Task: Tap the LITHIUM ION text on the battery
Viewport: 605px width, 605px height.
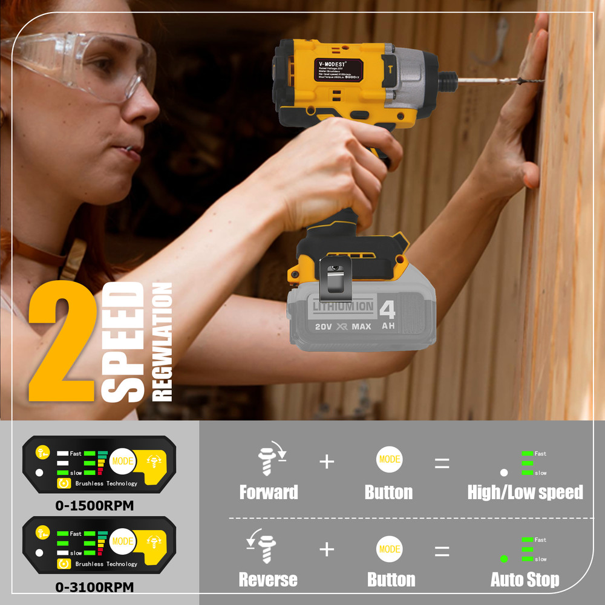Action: pyautogui.click(x=343, y=307)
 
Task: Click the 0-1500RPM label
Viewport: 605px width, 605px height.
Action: pyautogui.click(x=94, y=505)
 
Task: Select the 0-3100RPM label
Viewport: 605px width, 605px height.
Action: pyautogui.click(x=94, y=586)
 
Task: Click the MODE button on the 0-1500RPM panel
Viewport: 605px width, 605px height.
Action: pyautogui.click(x=123, y=461)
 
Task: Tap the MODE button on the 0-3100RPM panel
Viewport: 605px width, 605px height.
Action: pyautogui.click(x=123, y=541)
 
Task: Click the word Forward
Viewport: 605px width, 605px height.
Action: pyautogui.click(x=269, y=492)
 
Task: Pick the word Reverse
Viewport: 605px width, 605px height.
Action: pyautogui.click(x=268, y=580)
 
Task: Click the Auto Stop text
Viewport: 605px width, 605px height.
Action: pyautogui.click(x=525, y=580)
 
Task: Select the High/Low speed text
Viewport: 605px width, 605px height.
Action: pyautogui.click(x=525, y=492)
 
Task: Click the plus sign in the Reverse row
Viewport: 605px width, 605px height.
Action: pyautogui.click(x=327, y=549)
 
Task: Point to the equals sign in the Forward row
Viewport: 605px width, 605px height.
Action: pyautogui.click(x=442, y=463)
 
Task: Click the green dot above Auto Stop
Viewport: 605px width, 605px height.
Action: pyautogui.click(x=503, y=558)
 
